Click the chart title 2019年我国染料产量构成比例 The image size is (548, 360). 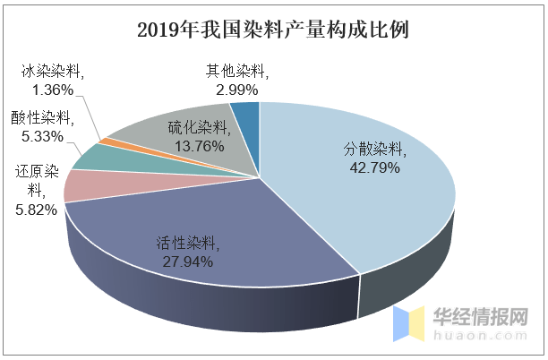click(x=273, y=30)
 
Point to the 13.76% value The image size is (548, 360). click(x=200, y=146)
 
